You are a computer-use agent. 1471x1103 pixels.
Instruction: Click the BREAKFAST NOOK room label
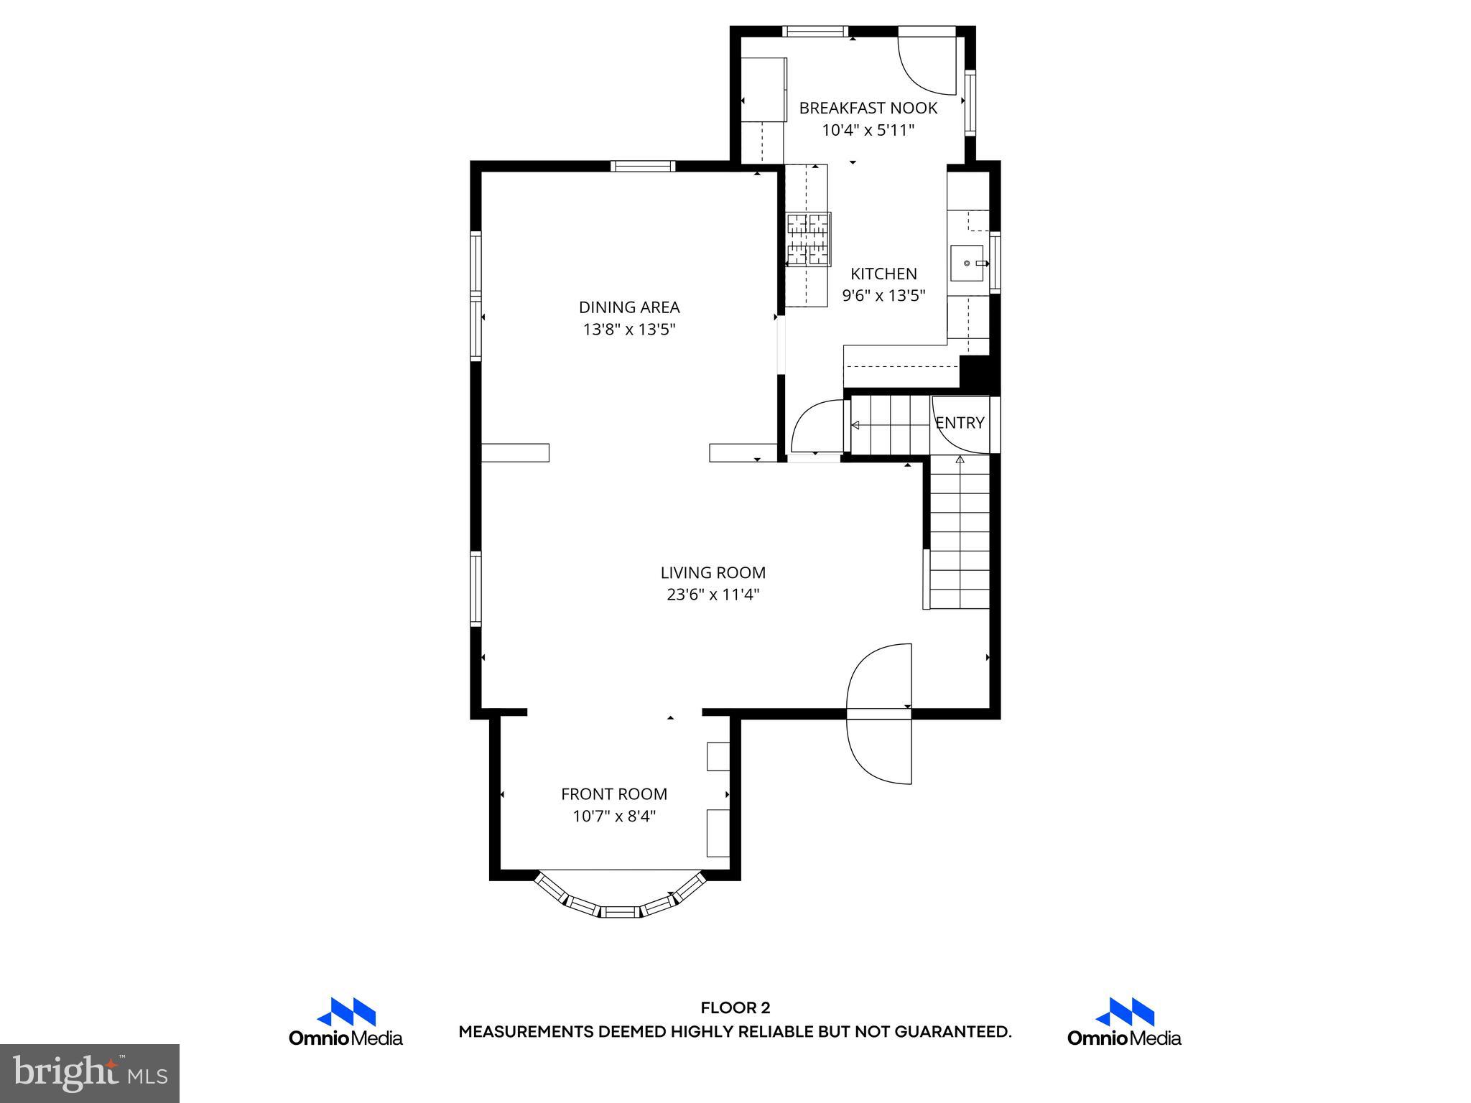point(868,108)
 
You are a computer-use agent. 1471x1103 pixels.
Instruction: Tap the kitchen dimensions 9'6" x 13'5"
point(883,295)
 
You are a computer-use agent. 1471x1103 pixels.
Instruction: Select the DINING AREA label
point(629,307)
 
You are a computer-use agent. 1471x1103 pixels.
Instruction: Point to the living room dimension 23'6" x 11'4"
point(713,595)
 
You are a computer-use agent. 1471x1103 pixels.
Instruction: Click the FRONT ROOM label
point(614,794)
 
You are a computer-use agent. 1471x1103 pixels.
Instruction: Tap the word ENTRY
point(960,424)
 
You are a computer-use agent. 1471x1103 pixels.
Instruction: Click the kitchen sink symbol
point(967,264)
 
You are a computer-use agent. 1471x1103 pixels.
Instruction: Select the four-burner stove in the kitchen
point(808,240)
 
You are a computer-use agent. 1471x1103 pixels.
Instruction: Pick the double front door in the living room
point(879,713)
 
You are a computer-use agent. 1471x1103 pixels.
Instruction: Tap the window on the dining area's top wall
point(643,167)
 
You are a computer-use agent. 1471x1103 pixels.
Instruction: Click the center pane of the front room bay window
point(619,912)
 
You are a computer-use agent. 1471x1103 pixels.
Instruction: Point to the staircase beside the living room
point(960,535)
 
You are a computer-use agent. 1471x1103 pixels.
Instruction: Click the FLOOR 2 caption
point(735,1008)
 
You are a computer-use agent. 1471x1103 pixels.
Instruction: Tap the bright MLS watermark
point(90,1073)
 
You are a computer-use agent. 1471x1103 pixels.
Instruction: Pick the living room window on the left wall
point(475,588)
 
